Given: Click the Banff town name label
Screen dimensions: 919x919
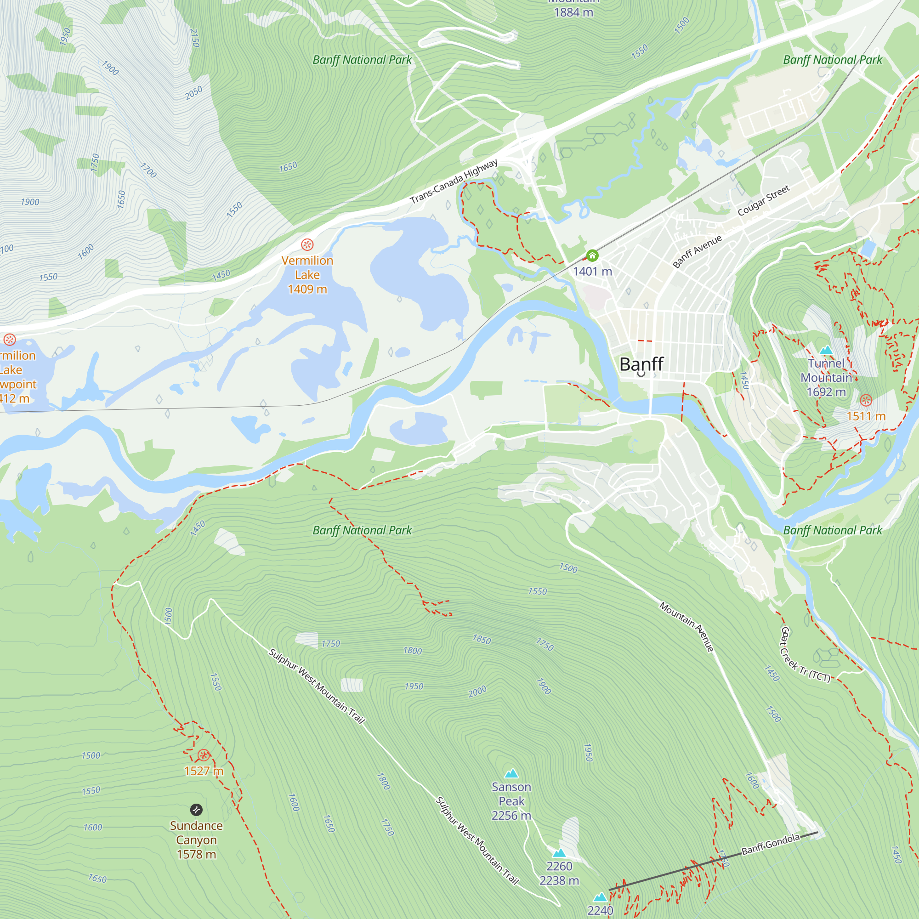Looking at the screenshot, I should (x=641, y=364).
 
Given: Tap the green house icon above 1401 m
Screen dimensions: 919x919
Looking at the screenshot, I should (x=592, y=255).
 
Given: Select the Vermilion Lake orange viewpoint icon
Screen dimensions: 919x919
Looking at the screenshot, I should (x=307, y=245).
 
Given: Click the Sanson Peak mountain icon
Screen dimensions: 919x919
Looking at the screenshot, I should (x=511, y=773).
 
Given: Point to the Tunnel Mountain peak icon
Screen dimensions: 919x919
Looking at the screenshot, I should (x=826, y=350).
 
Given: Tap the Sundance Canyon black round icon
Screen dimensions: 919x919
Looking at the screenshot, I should (x=197, y=810).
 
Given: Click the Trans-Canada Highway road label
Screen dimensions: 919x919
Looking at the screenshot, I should (x=454, y=181).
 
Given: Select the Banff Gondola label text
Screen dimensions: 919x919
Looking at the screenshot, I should (x=771, y=844).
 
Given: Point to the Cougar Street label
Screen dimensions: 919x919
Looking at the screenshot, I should (x=763, y=200).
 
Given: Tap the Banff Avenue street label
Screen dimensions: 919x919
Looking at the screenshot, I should (x=698, y=252).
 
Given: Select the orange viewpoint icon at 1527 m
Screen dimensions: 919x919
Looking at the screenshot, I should (x=204, y=755).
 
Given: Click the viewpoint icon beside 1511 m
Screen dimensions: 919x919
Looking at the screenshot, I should (x=866, y=400).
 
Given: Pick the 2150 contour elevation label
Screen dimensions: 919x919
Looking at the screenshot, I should (x=194, y=38).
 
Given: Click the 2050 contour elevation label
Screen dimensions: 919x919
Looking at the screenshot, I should (x=193, y=93).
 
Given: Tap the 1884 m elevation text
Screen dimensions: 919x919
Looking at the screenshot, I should (x=573, y=12).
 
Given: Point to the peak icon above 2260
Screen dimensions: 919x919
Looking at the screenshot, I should (x=559, y=853).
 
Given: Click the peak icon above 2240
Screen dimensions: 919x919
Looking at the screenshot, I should (x=600, y=897).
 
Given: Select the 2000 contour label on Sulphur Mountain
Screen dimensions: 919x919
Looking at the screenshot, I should (x=477, y=691).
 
